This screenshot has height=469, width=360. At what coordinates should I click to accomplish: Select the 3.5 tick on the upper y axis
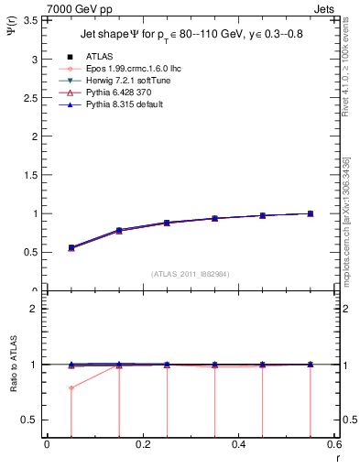[x=35, y=20]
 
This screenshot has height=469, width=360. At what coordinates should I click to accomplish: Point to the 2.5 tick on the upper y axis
[x=35, y=98]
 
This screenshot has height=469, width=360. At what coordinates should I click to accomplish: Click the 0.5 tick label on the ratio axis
[x=33, y=420]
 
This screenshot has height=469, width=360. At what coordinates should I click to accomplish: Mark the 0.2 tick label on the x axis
[x=142, y=444]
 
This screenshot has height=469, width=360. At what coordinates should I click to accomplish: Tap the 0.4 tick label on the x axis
[x=238, y=444]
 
